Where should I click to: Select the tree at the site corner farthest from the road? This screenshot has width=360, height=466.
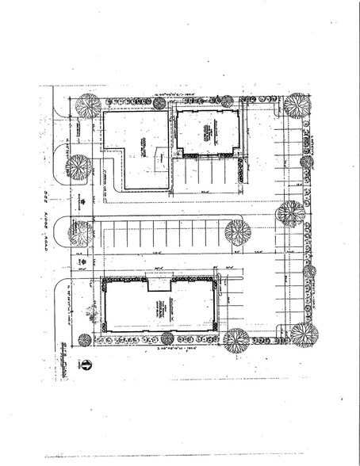(302, 334)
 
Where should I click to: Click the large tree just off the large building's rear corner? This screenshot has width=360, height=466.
(236, 340)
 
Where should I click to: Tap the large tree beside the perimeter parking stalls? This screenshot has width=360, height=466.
(290, 213)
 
